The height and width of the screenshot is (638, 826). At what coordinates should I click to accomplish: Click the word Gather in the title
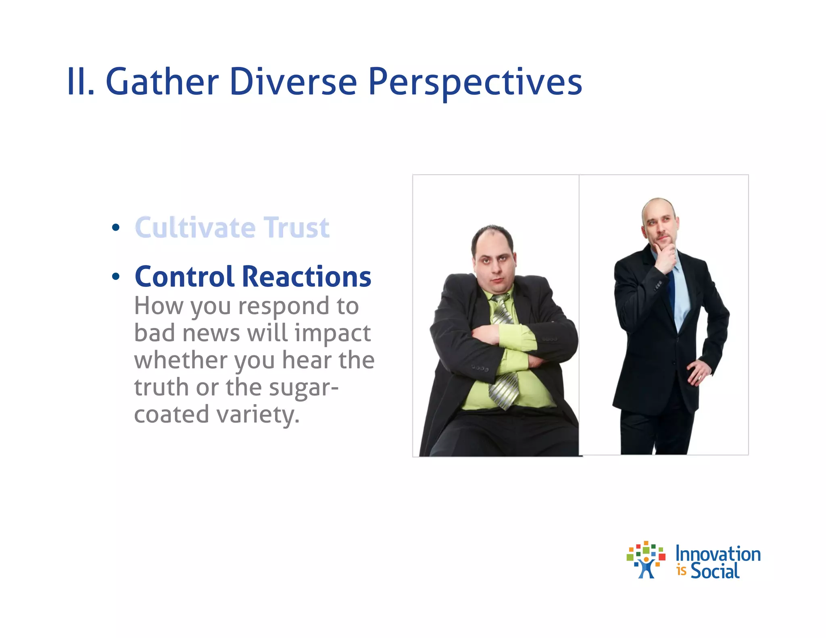tap(162, 82)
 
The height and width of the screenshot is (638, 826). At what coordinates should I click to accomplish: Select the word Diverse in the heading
tap(293, 82)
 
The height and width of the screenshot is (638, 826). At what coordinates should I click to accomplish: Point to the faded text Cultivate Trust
tap(232, 228)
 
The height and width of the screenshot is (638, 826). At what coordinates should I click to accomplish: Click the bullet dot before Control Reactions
tap(116, 277)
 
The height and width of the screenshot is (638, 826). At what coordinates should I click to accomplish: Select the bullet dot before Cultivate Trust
tap(116, 227)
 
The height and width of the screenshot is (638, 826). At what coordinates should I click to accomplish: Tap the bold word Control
tap(184, 277)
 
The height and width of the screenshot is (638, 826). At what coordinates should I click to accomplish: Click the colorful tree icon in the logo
tap(646, 560)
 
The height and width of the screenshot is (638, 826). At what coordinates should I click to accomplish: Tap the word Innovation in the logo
tap(718, 554)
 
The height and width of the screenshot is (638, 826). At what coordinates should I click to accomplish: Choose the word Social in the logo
tap(715, 571)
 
